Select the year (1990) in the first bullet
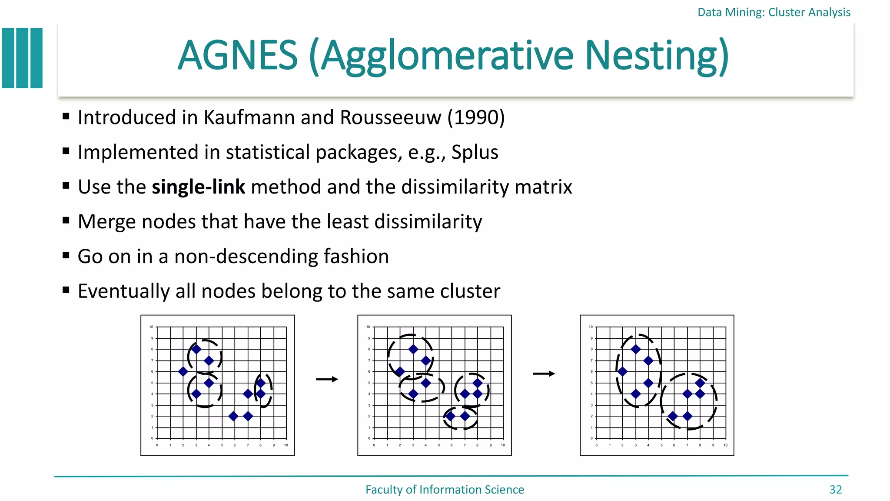pos(476,117)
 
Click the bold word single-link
pos(198,187)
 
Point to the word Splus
pos(475,152)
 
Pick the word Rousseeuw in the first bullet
pos(391,117)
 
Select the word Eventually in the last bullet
pos(123,291)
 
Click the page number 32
pos(835,490)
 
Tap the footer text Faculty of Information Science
pos(445,490)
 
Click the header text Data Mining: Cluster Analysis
pos(774,12)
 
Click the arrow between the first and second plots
pos(327,380)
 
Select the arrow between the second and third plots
pos(544,374)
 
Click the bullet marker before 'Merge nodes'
pos(66,220)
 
